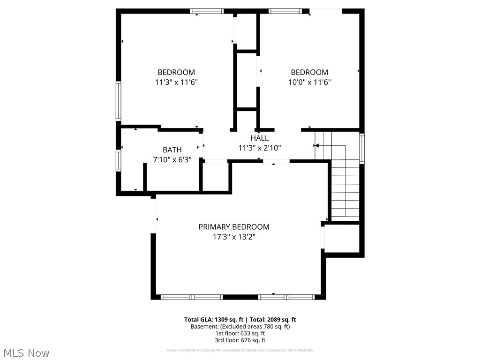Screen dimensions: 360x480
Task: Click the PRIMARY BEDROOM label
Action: coord(234,227)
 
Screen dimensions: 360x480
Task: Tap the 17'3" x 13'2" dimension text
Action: coord(234,237)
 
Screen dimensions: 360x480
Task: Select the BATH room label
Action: coord(172,150)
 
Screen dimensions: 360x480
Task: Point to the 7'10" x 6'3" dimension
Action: coord(172,159)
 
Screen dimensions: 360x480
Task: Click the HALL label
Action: coord(259,138)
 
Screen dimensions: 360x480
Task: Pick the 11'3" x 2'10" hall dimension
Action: coord(259,148)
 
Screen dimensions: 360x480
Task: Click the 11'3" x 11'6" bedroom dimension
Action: coord(176,82)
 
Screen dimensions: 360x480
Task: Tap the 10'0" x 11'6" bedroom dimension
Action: coord(309,82)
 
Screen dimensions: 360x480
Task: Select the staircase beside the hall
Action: coord(345,187)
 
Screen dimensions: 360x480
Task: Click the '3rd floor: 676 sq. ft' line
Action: coord(240,340)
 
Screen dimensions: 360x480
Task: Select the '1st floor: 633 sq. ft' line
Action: coord(240,333)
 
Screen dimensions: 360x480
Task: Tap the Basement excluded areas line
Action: coord(240,326)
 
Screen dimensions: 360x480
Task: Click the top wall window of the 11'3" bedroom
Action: coord(207,11)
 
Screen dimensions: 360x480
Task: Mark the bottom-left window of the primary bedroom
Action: coord(192,297)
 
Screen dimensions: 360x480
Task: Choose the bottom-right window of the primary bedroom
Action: coord(286,297)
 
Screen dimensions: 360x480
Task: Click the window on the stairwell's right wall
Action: coord(362,149)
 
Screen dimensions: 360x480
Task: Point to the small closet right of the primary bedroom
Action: coord(342,239)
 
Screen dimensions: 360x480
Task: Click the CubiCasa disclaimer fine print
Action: coord(240,350)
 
